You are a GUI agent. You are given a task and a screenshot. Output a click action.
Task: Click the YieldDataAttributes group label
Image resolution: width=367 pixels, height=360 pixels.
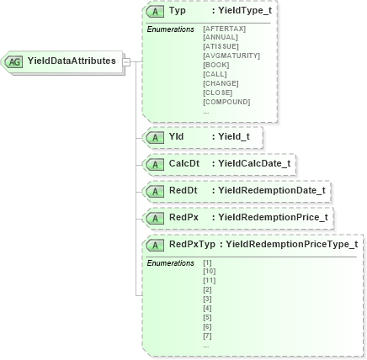(72, 61)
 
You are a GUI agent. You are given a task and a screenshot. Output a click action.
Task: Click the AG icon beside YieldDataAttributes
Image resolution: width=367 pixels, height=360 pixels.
(14, 61)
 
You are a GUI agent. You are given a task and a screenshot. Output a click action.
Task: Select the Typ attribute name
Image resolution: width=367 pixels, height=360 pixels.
(178, 12)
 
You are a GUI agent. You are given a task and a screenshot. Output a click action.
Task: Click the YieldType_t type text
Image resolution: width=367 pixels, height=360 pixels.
(244, 12)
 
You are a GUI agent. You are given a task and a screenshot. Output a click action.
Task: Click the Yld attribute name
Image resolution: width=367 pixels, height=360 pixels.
(176, 136)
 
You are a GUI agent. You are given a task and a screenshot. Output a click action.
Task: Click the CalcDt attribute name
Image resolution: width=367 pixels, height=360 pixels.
(183, 163)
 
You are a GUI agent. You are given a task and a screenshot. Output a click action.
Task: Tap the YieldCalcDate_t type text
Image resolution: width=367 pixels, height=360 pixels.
(253, 163)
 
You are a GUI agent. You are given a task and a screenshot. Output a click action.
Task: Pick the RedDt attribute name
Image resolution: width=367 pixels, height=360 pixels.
(183, 190)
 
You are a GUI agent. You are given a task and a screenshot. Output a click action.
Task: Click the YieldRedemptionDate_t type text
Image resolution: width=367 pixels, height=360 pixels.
(270, 190)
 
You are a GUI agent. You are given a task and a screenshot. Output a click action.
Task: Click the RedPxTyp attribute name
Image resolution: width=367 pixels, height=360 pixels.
(192, 245)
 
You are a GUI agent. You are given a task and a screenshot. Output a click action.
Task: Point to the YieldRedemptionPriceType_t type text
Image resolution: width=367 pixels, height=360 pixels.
(291, 245)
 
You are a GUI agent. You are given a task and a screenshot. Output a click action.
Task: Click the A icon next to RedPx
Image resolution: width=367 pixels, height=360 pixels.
(155, 218)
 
